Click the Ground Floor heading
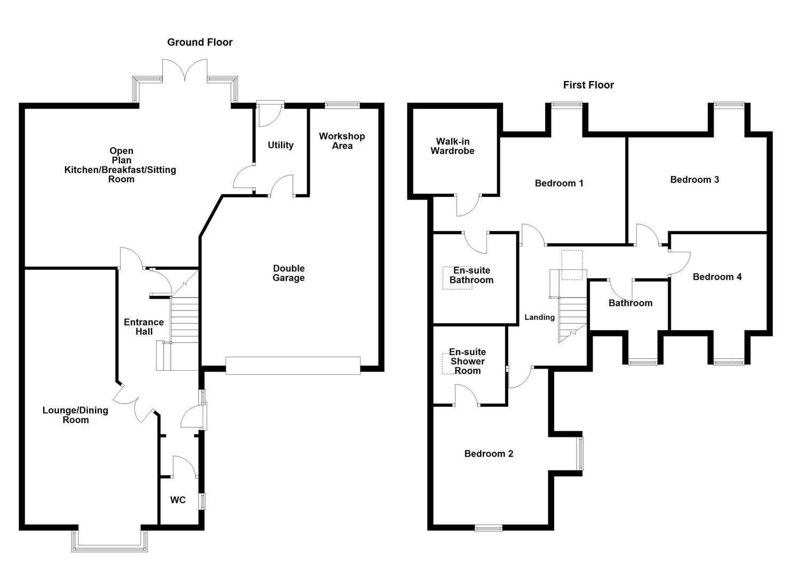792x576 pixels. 199,42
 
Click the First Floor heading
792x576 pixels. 588,85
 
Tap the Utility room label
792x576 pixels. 281,145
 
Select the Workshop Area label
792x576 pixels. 342,141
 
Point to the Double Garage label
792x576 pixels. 289,273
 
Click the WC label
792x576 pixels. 178,500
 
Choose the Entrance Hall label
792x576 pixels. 143,327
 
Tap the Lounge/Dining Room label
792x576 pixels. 75,415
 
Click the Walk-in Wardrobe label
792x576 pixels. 452,146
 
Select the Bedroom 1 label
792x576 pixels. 559,183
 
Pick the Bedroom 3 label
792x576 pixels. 694,180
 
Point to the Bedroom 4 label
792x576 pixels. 717,277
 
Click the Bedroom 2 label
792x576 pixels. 489,454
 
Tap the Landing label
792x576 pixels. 539,317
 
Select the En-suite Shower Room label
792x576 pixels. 467,361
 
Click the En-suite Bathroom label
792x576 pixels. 471,275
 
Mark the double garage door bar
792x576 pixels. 292,366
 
